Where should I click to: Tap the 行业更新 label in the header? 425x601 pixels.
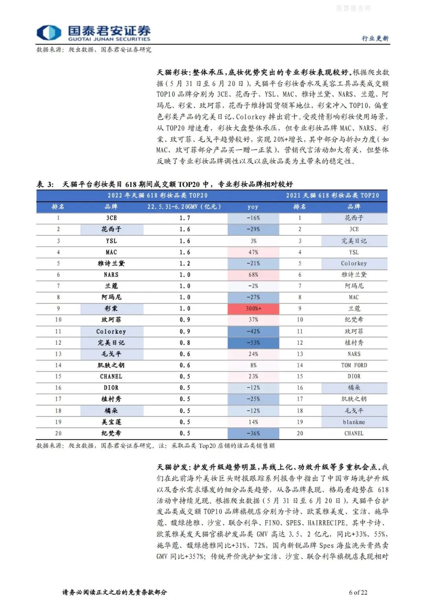(x=375, y=38)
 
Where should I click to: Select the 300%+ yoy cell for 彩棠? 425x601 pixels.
(x=253, y=309)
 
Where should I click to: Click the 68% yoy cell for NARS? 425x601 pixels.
(x=253, y=275)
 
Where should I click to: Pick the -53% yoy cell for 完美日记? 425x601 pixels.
(x=253, y=343)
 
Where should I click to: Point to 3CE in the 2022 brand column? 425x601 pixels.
(x=111, y=218)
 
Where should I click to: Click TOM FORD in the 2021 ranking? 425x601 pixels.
(x=354, y=365)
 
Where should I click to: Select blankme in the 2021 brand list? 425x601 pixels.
(x=354, y=422)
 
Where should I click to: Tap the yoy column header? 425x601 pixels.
(x=253, y=207)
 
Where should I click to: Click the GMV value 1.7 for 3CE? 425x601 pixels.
(x=185, y=218)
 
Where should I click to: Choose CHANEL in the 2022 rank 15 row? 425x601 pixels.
(x=111, y=377)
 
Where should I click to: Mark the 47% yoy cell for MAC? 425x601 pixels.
(x=253, y=252)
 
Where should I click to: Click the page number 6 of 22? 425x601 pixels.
(x=358, y=592)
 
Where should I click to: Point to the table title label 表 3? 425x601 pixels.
(x=45, y=184)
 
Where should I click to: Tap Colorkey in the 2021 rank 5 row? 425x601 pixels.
(x=354, y=263)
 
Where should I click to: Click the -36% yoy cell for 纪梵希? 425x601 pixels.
(x=253, y=433)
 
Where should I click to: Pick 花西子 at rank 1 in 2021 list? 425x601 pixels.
(x=354, y=218)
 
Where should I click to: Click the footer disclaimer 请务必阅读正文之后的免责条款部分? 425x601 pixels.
(x=115, y=592)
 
